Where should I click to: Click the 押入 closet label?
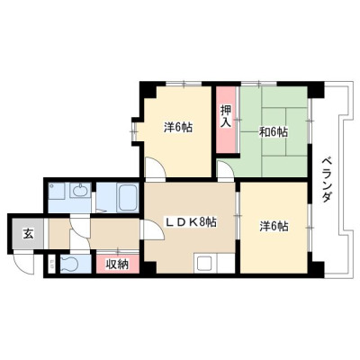pos(226,116)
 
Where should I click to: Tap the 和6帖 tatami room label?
pos(274,132)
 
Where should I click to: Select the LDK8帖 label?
pos(192,222)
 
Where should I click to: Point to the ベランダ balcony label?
pos(327,180)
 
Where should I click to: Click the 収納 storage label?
pos(118,264)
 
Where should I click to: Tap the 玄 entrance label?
pos(28,233)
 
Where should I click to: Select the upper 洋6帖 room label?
pos(178,128)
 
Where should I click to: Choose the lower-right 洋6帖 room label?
pos(274,226)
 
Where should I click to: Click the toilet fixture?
pos(70,264)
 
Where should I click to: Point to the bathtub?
pos(128,197)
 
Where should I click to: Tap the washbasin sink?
pos(80,190)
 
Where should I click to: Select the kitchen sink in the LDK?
pos(204,264)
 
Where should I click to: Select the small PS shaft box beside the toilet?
pos(52,264)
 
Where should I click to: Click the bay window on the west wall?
pos(134,131)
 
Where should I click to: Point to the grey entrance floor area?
pos(28,233)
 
